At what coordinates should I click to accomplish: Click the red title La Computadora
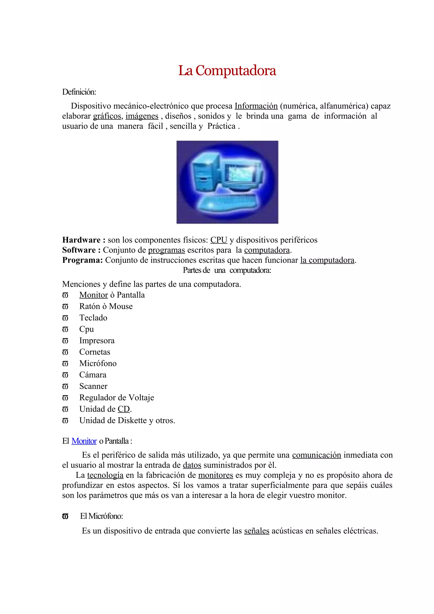[227, 71]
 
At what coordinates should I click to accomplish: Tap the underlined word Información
[256, 106]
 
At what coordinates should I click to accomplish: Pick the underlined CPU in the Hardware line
[218, 240]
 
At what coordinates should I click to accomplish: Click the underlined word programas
[166, 250]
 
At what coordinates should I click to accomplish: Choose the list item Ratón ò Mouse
[106, 306]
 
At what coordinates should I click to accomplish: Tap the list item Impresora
[97, 340]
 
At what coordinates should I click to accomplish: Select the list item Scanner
[93, 386]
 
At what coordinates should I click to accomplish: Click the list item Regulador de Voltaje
[117, 398]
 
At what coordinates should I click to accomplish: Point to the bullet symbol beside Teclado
[65, 318]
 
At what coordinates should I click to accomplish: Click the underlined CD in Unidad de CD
[124, 409]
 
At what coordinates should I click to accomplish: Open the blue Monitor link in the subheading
[84, 441]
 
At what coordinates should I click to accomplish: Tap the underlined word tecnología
[105, 475]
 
